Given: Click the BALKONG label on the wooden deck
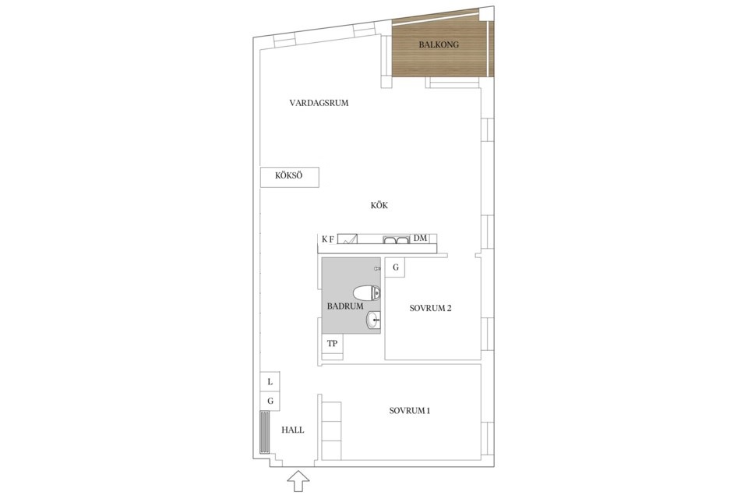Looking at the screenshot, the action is [439, 44].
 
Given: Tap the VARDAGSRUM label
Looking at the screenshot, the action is [319, 103].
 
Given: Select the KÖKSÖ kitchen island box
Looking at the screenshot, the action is [289, 177].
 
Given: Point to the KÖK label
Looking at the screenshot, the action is [379, 205].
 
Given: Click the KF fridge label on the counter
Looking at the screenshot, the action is [328, 239].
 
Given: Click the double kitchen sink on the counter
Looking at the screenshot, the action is [396, 239].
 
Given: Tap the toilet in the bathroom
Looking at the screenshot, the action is [366, 292].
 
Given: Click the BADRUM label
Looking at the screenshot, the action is [345, 306].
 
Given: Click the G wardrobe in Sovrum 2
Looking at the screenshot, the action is [396, 268].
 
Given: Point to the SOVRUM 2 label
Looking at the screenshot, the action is [430, 308].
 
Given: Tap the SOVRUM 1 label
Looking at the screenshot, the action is [410, 411].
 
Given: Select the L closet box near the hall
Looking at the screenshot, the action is [270, 382].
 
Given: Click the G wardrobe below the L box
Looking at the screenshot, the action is [270, 401].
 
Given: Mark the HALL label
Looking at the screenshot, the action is [292, 430].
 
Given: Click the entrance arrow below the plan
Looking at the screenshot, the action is [298, 480].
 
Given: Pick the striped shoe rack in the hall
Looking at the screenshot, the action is [264, 432].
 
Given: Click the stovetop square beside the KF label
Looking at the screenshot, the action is [348, 239].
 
